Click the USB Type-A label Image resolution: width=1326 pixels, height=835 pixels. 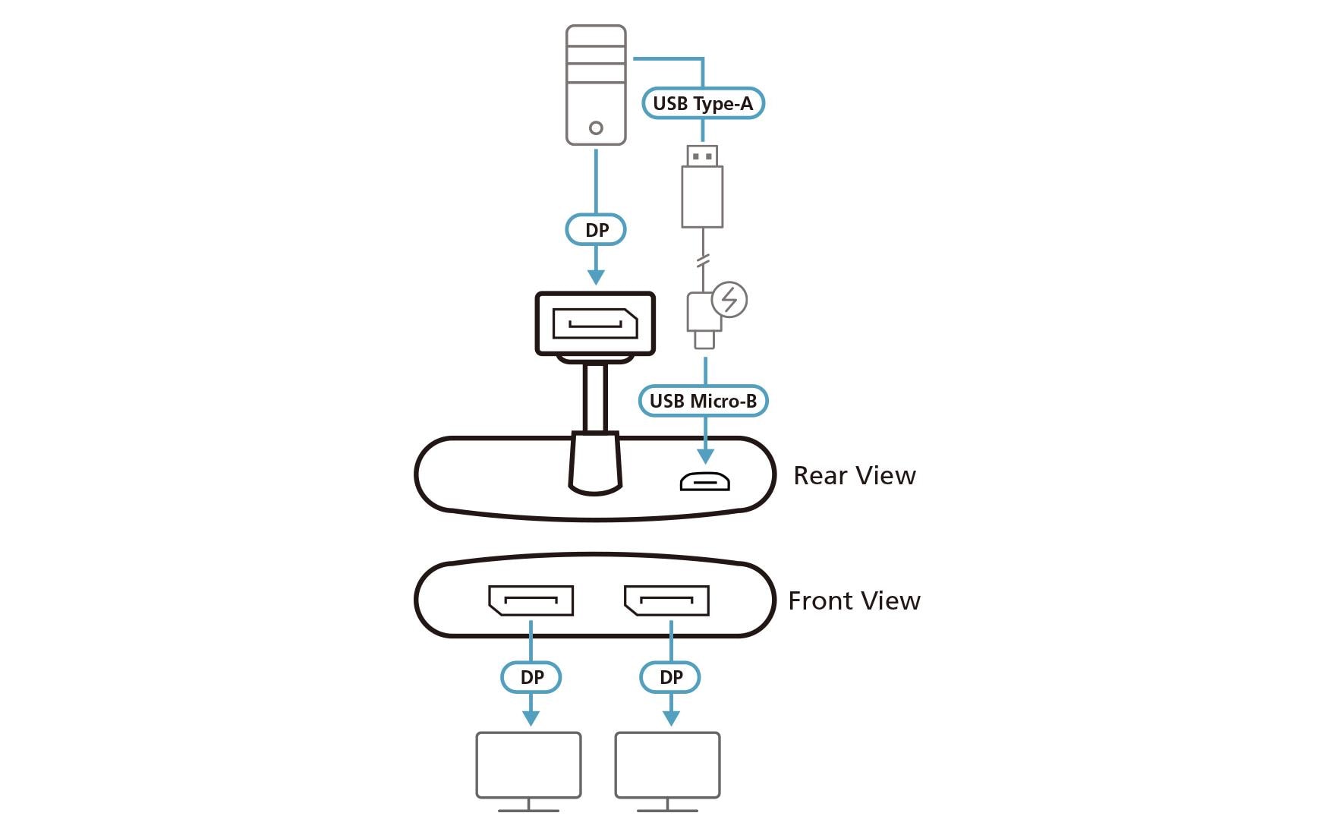[702, 103]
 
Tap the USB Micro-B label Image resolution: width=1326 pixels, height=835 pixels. [703, 401]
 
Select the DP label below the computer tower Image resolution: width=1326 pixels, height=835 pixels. [596, 230]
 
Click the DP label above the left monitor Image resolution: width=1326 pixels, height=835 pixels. [531, 677]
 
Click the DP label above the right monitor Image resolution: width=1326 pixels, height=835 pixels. [670, 677]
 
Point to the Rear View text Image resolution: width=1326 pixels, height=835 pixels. [854, 476]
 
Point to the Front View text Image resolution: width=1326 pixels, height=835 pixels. [854, 601]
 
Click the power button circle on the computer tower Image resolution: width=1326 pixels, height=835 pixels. [596, 128]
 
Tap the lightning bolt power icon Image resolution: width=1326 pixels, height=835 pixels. [729, 299]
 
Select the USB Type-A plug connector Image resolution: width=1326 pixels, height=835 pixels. [702, 186]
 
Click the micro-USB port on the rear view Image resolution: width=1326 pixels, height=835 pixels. [704, 481]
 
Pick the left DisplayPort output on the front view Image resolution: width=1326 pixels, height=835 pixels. [531, 600]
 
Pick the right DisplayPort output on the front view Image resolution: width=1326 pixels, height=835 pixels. [666, 600]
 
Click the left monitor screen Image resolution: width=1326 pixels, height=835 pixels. [528, 764]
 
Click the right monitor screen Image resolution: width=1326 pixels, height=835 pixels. [667, 764]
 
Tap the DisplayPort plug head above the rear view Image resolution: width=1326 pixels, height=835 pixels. [595, 324]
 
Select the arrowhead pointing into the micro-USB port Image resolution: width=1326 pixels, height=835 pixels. [706, 455]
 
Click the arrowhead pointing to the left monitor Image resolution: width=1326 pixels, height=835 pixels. [531, 717]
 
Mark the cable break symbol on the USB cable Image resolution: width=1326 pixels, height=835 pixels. [703, 261]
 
